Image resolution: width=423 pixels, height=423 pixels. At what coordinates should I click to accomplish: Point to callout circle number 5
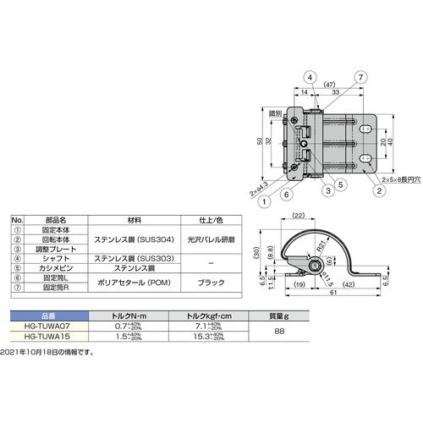340,183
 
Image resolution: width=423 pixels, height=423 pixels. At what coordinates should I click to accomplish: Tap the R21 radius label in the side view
323,247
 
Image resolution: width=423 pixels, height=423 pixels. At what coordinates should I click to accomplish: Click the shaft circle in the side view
315,267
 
